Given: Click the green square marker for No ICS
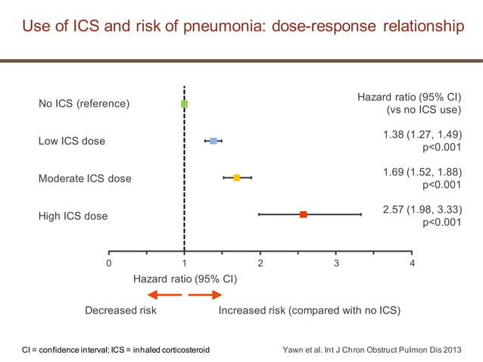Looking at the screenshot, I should (184, 104).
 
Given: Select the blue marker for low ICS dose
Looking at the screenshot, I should (213, 141).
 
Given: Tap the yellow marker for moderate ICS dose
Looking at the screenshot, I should (236, 178).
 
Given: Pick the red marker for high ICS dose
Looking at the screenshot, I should (303, 215).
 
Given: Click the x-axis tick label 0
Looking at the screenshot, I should (109, 263).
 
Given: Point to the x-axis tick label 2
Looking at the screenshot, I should (260, 263).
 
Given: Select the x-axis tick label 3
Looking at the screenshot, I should (336, 263).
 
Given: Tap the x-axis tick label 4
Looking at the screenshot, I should (412, 263).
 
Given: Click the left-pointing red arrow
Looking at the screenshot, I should (164, 295).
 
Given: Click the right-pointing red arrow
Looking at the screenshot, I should (204, 295).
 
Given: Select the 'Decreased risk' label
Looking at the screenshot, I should (120, 311).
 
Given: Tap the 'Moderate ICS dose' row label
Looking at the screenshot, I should (85, 179).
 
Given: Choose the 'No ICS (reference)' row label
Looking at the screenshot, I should (84, 104).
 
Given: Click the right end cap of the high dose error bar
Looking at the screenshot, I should (361, 215).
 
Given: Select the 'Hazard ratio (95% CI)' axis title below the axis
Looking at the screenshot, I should (185, 279).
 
